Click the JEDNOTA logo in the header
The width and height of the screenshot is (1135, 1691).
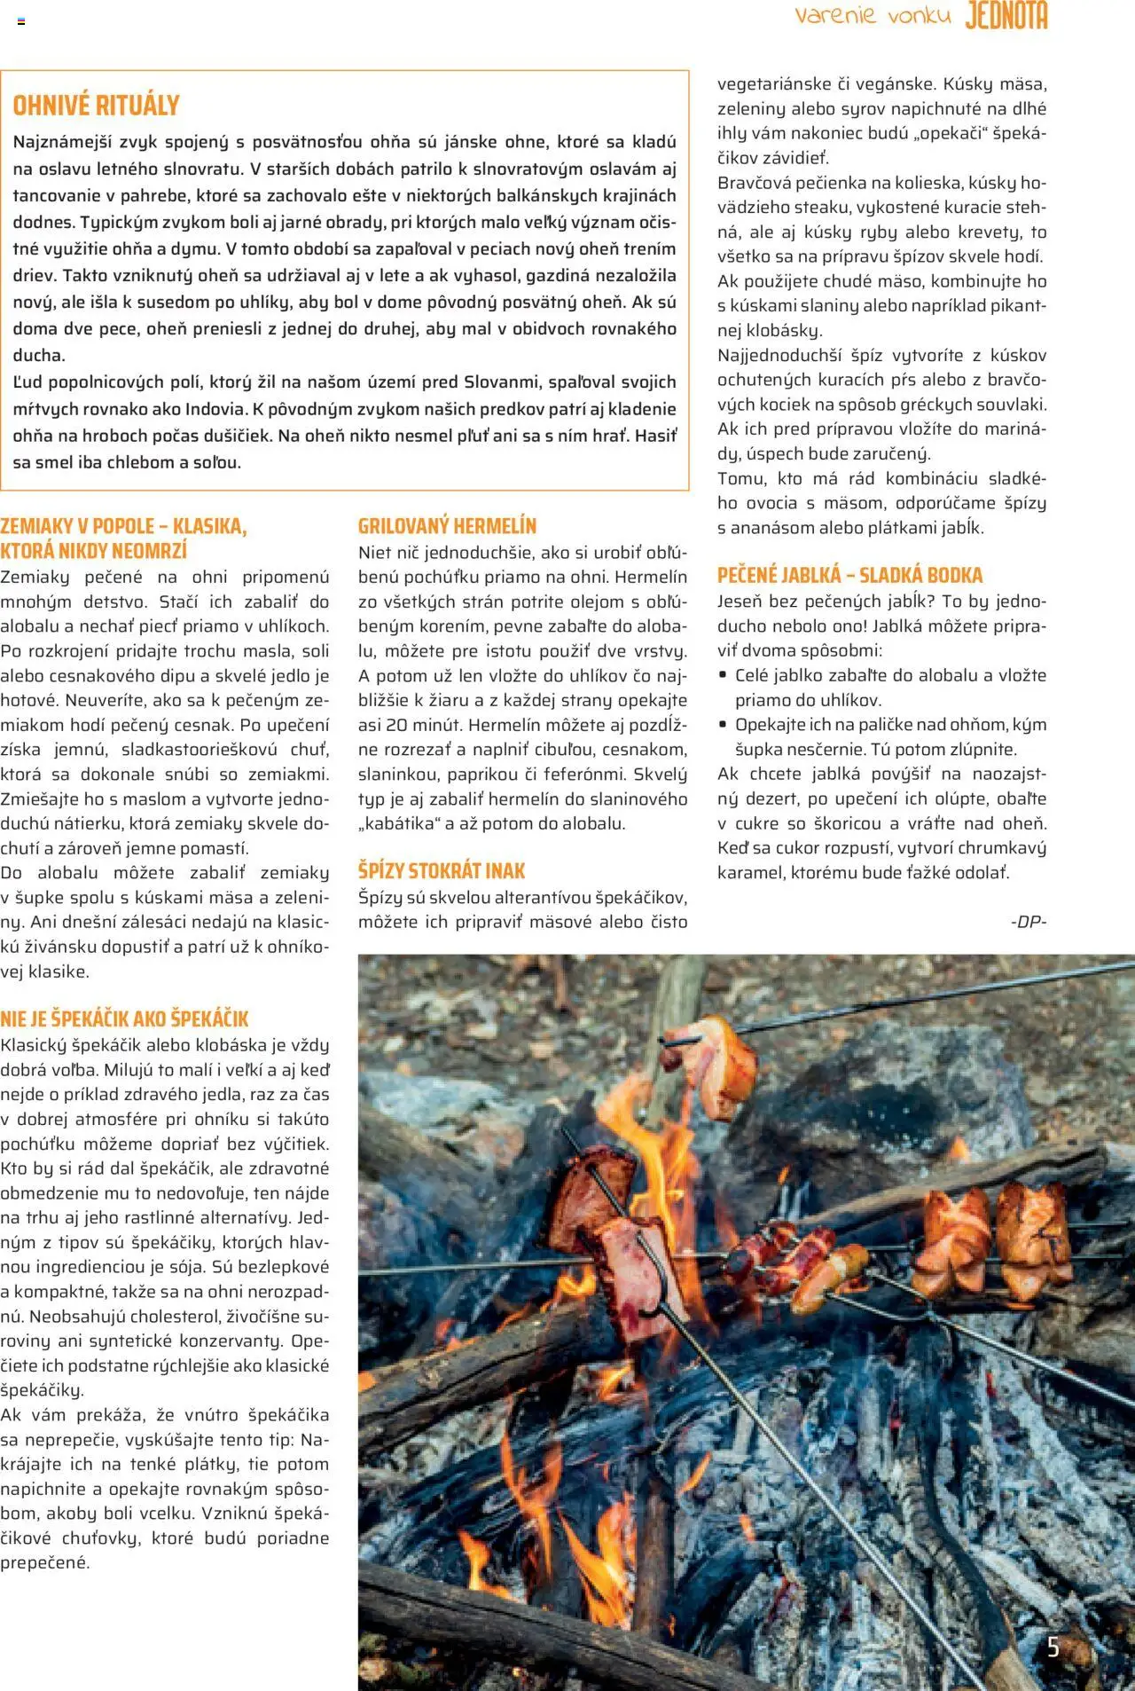[1006, 16]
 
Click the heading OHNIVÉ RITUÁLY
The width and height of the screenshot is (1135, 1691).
[96, 106]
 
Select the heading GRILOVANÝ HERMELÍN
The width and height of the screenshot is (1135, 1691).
[447, 526]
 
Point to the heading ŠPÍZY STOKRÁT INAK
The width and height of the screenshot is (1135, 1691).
[442, 870]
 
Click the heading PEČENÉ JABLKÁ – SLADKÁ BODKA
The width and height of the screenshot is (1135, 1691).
[849, 575]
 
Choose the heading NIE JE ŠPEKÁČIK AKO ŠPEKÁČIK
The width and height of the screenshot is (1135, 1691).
[124, 1019]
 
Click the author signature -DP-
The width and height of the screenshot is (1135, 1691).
[1028, 922]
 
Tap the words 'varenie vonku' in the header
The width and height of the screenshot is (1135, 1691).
[873, 16]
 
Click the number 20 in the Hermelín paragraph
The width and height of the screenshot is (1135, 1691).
[395, 725]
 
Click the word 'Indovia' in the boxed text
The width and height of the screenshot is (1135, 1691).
[215, 410]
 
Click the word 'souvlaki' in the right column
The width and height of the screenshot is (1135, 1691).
[1010, 405]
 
